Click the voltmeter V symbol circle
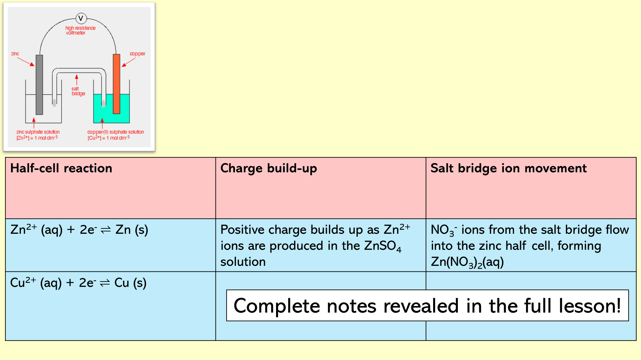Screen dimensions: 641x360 81,18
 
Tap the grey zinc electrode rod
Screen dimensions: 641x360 39,84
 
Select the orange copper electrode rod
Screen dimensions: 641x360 116,84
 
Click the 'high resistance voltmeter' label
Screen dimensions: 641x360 80,30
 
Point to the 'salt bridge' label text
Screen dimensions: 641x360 78,91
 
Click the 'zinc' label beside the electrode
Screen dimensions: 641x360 15,53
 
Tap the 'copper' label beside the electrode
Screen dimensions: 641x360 137,53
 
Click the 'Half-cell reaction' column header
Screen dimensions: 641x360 61,168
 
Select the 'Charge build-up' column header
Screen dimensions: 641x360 269,168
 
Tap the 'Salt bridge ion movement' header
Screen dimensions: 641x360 508,168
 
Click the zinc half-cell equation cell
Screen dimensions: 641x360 79,229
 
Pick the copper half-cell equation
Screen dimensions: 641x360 78,283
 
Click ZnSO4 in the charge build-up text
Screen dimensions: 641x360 383,246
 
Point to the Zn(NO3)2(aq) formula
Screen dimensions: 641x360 467,262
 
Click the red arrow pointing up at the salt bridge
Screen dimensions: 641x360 77,80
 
